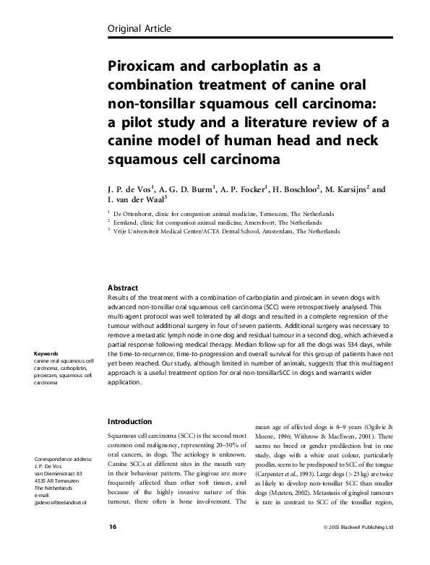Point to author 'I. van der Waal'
pos(137,202)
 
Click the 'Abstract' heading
pos(123,287)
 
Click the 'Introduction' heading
pos(129,421)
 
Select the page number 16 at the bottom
pos(112,548)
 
